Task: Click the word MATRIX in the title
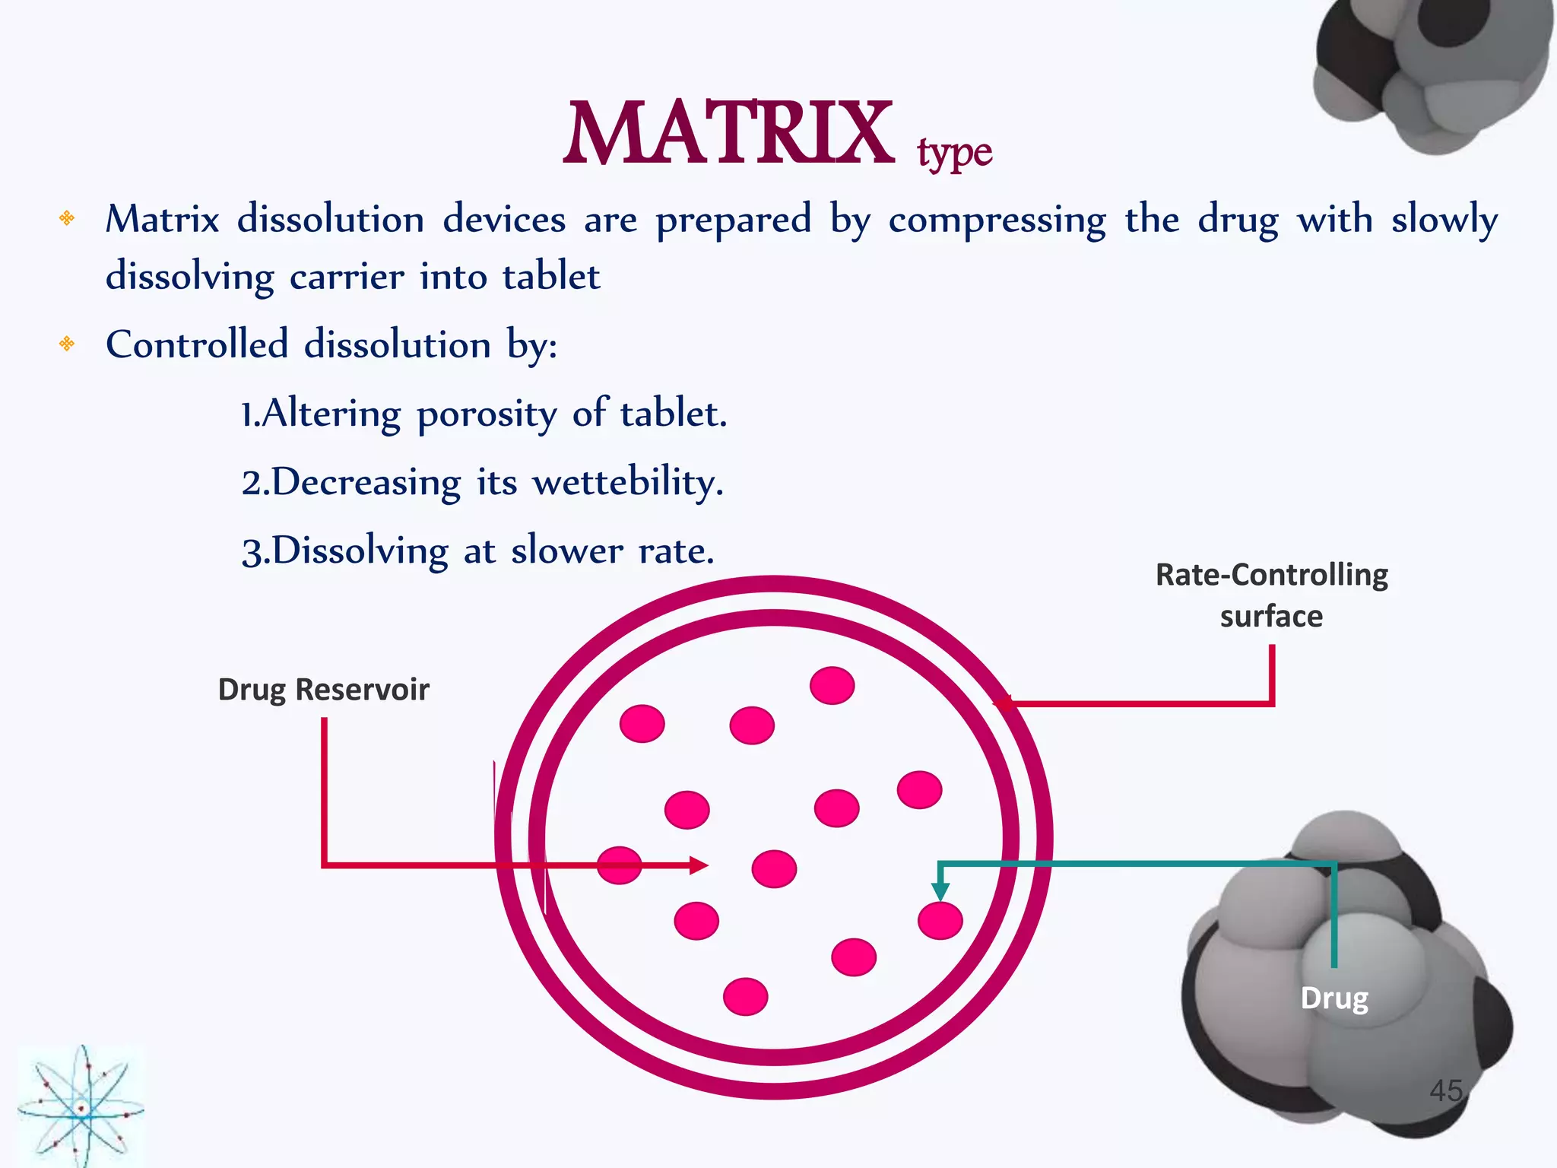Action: (728, 135)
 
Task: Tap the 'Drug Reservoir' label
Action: (324, 690)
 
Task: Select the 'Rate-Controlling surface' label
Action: (1271, 595)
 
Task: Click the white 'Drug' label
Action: (1334, 998)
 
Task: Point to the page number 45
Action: (1445, 1090)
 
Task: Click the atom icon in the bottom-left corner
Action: (81, 1106)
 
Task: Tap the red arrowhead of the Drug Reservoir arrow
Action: (699, 865)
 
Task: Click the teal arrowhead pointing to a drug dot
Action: (940, 891)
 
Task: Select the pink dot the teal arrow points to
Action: (940, 921)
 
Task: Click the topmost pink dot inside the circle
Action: (832, 685)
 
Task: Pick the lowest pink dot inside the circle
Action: (745, 996)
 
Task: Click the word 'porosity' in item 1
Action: (487, 415)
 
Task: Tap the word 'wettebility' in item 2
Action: (627, 483)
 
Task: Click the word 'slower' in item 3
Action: (566, 551)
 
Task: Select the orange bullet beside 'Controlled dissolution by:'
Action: (67, 344)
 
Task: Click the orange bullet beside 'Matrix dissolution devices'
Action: (67, 219)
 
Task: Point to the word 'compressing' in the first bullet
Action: (997, 221)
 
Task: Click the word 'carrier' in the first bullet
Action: (347, 276)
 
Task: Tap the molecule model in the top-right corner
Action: (1433, 72)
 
